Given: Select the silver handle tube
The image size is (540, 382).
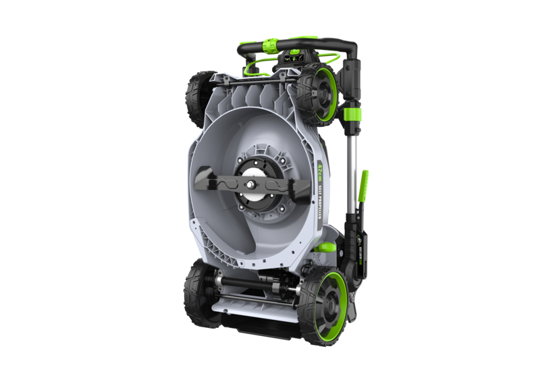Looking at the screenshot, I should coord(350,169).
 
